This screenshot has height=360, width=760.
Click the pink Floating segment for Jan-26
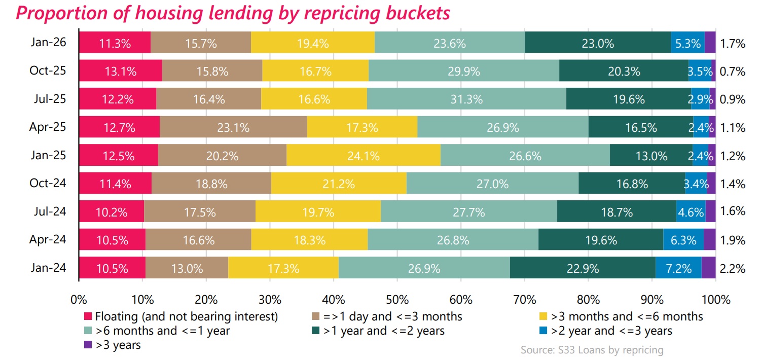[x=115, y=43]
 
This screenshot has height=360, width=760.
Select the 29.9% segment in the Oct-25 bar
[x=463, y=71]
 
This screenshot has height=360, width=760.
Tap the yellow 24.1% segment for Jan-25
[x=363, y=156]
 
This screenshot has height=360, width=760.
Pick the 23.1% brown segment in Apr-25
[x=233, y=127]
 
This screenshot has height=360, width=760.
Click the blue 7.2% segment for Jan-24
[x=678, y=268]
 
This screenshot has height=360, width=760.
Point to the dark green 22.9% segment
[x=583, y=268]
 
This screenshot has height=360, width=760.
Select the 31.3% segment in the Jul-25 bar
[x=466, y=99]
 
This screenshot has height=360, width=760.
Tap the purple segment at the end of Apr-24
[x=709, y=240]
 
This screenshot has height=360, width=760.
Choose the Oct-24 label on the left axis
[x=48, y=184]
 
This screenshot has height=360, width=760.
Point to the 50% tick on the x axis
[x=397, y=299]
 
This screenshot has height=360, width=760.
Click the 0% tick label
[x=79, y=299]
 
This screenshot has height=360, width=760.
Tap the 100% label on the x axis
[x=715, y=299]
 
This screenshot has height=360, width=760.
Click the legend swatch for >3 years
[x=87, y=345]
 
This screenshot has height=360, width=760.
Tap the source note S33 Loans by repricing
[x=592, y=350]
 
